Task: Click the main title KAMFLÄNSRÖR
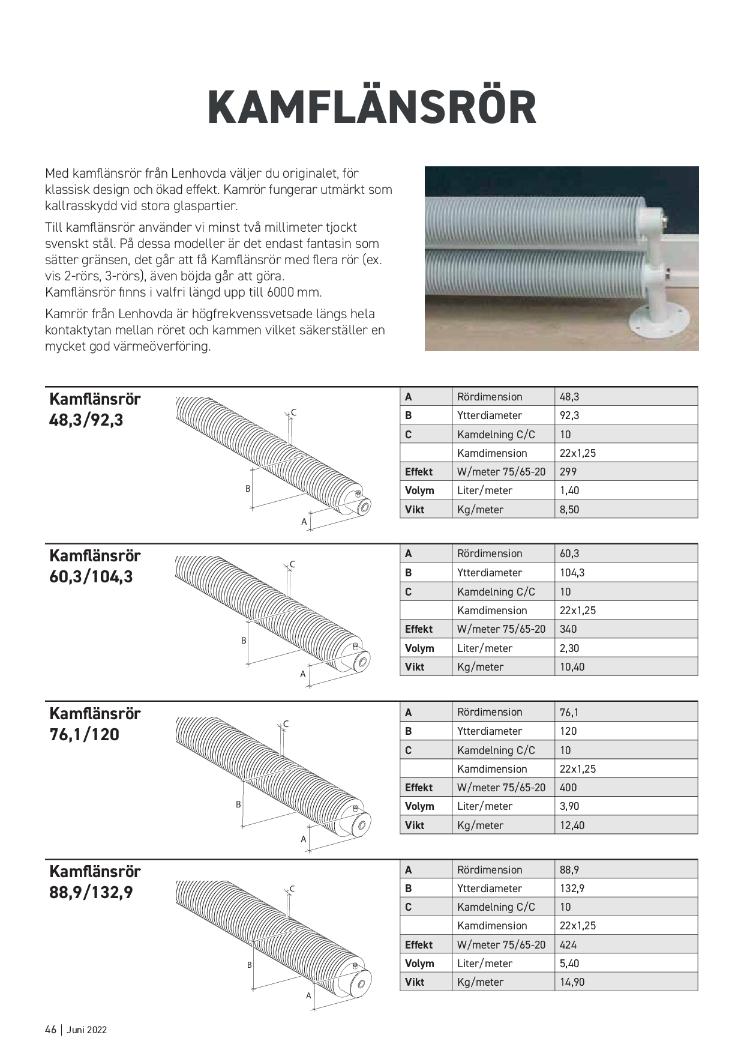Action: [371, 108]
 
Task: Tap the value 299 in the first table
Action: [568, 472]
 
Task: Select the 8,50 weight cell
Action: [570, 510]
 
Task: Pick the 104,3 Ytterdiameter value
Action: [572, 573]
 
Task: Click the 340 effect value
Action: [568, 629]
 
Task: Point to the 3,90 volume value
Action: [569, 806]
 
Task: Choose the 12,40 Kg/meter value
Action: [572, 825]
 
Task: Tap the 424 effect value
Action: [568, 945]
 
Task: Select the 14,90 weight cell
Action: [572, 982]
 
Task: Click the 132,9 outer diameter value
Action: [572, 889]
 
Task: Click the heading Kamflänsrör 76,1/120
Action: [95, 724]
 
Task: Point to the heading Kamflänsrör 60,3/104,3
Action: [95, 566]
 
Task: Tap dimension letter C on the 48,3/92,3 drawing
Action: [293, 412]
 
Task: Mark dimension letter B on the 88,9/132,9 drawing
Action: [250, 965]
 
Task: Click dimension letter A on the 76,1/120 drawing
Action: [304, 839]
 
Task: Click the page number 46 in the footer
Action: [50, 1030]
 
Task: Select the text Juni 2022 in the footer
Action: [87, 1030]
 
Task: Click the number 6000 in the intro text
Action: [280, 292]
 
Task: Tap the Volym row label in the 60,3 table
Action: [419, 648]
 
